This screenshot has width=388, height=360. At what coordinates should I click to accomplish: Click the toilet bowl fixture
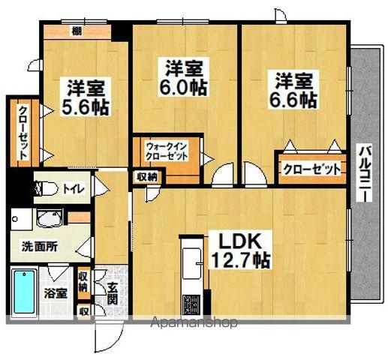[45, 188]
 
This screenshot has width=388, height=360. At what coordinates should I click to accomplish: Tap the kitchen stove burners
[190, 306]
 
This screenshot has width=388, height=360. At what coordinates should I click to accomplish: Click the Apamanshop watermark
[194, 323]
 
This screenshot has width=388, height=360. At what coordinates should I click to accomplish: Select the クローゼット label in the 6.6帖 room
[311, 169]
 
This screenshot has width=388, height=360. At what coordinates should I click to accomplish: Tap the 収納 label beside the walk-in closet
[147, 177]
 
